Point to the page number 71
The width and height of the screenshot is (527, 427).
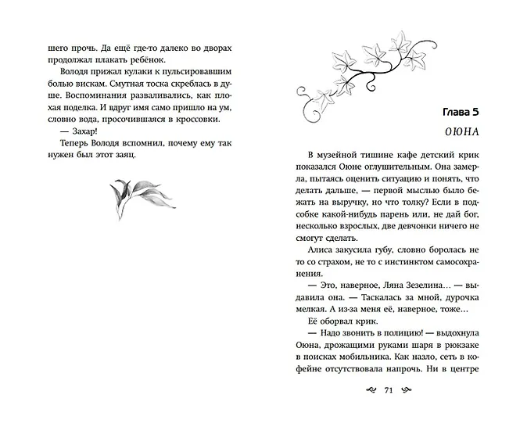point(389,391)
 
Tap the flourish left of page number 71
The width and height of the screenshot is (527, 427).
point(364,391)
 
